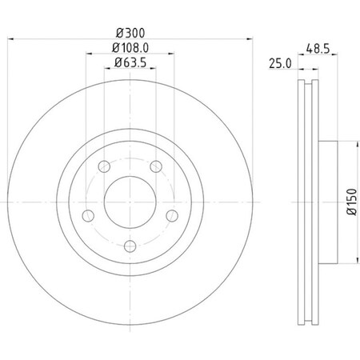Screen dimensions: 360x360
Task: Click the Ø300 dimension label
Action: pos(130,34)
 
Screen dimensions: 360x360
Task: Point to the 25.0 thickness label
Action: pos(281,62)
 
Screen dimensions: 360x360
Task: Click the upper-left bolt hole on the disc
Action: pos(104,167)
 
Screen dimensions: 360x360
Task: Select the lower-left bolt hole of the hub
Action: pos(88,216)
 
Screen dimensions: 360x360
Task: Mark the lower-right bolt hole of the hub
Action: pos(171,216)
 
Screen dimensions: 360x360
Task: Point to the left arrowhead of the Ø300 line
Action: pos(18,40)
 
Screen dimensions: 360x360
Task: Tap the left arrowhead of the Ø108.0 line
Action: pos(87,54)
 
